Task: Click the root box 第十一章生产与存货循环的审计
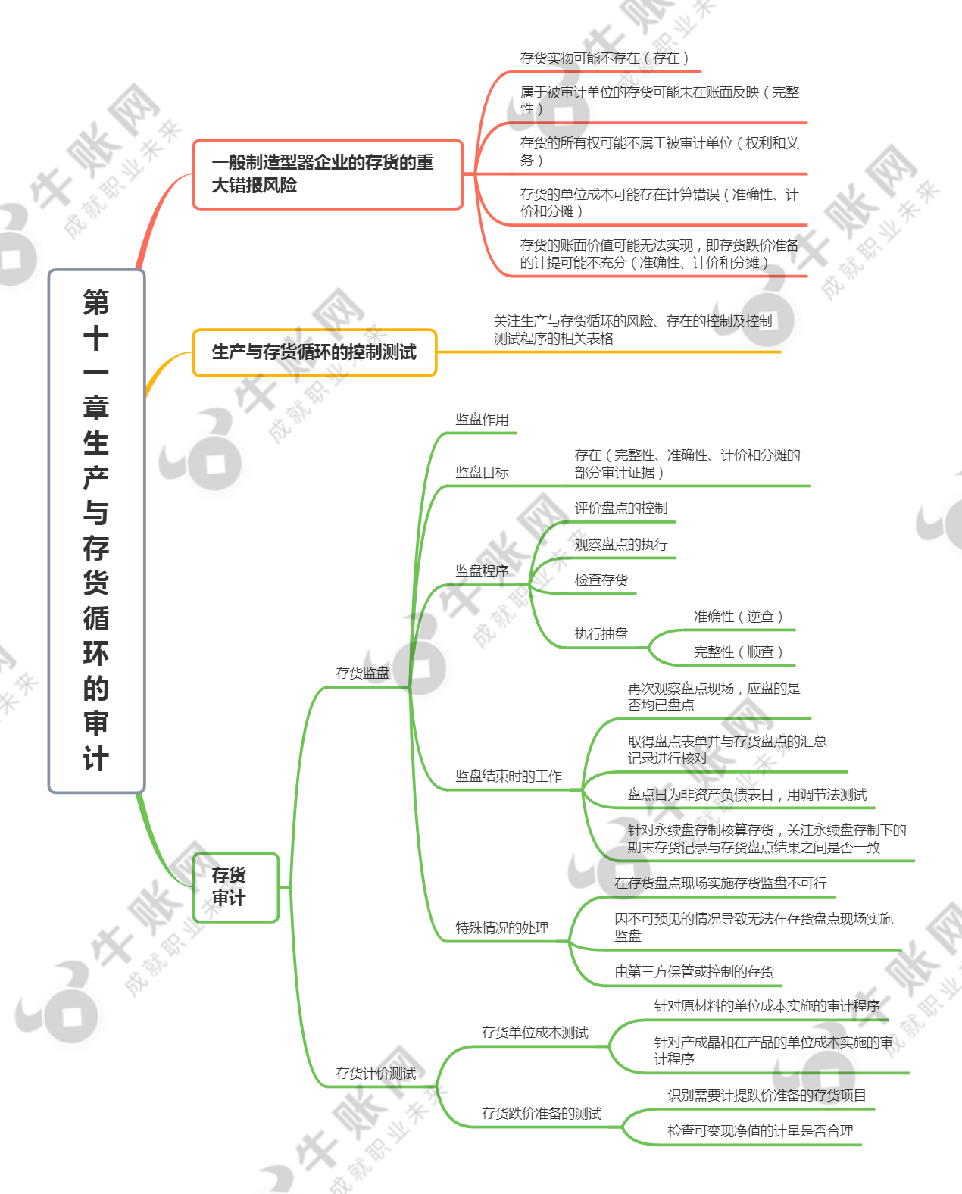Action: [96, 531]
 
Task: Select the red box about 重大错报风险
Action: [328, 174]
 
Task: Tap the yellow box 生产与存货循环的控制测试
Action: [314, 352]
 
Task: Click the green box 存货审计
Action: [236, 887]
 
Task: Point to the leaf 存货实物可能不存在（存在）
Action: [604, 58]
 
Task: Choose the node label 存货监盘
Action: [363, 673]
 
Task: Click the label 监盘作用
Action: [482, 420]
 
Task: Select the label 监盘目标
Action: [482, 472]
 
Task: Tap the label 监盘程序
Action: [482, 571]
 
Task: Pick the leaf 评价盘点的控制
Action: [621, 508]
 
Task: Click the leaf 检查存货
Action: [601, 580]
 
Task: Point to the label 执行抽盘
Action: [601, 633]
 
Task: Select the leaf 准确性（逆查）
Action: [738, 617]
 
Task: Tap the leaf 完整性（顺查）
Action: [738, 652]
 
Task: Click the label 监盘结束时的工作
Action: [509, 777]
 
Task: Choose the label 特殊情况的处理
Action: [502, 927]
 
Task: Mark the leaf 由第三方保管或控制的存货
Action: [694, 971]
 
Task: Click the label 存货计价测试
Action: [376, 1074]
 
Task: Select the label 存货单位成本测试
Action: [536, 1033]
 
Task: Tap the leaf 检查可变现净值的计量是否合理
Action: [761, 1131]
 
